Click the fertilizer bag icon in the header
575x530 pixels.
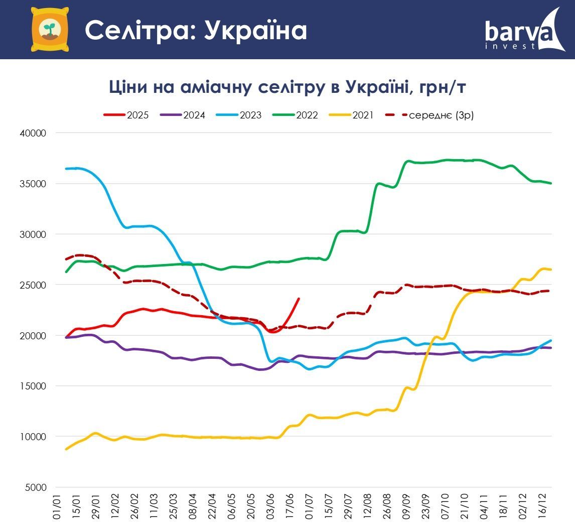(x=49, y=29)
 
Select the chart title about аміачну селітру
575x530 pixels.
(x=287, y=87)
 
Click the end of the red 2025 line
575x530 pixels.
(x=299, y=299)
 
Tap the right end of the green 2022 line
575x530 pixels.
(x=551, y=183)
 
